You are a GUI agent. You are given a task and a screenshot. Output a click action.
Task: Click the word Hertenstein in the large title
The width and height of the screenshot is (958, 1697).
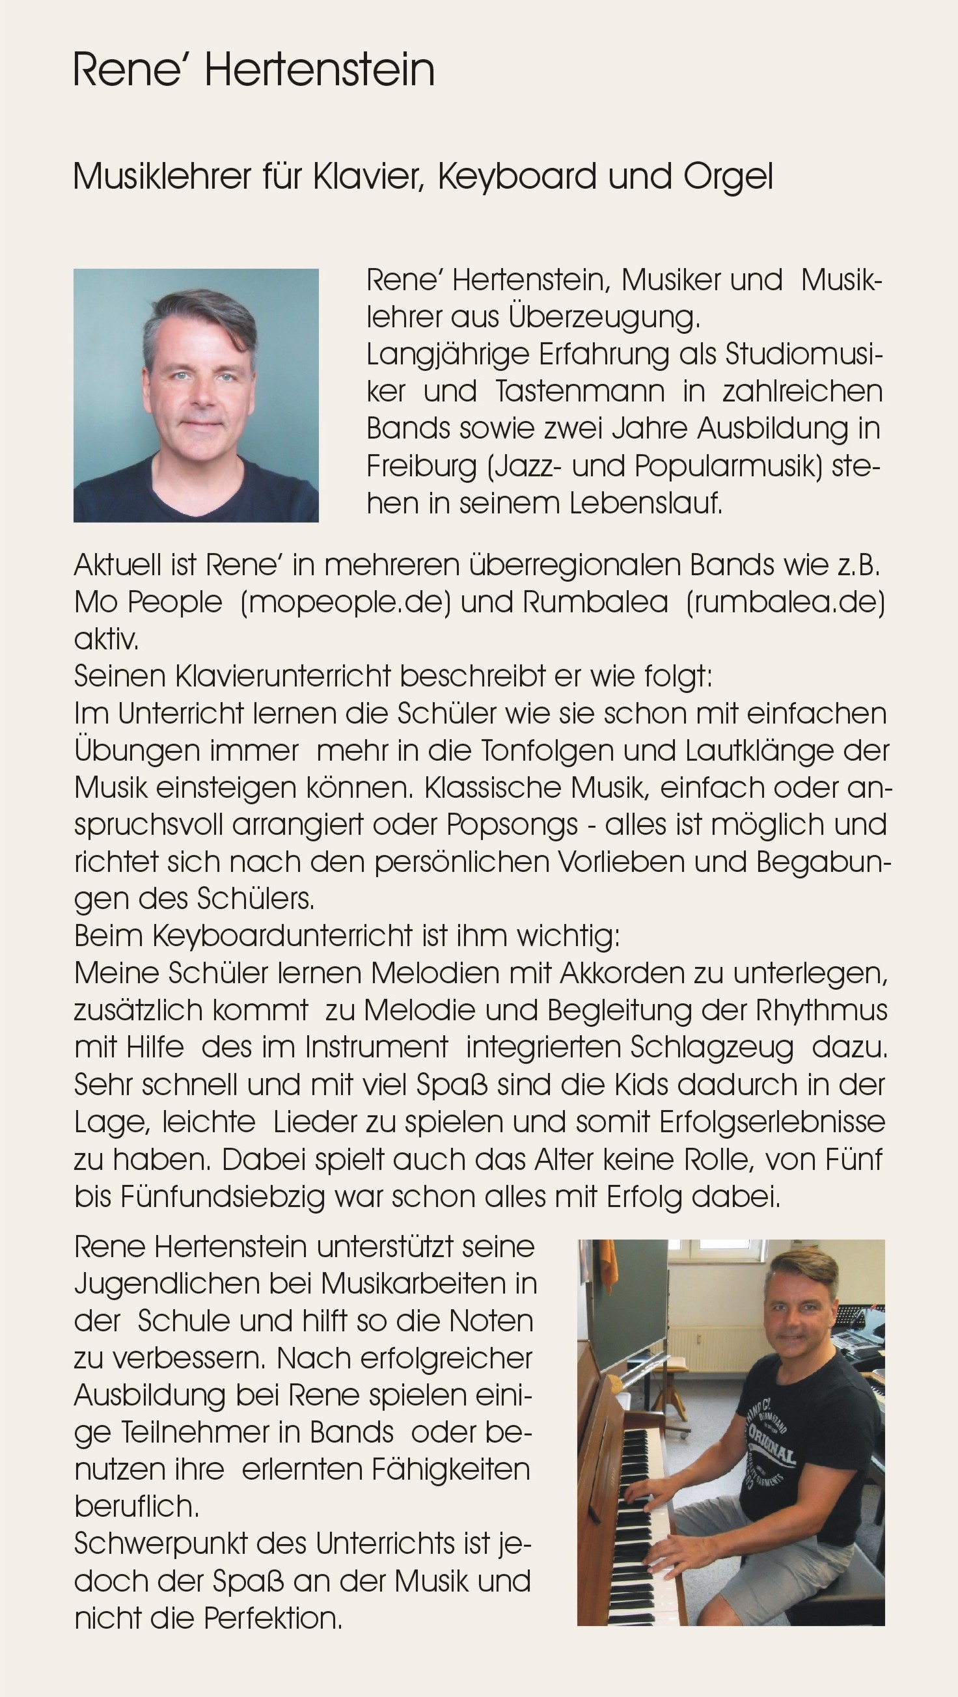(x=320, y=70)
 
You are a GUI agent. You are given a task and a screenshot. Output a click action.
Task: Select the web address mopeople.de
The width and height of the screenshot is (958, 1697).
(x=346, y=602)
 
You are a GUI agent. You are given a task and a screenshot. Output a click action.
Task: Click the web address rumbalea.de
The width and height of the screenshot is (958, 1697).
(x=785, y=602)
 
